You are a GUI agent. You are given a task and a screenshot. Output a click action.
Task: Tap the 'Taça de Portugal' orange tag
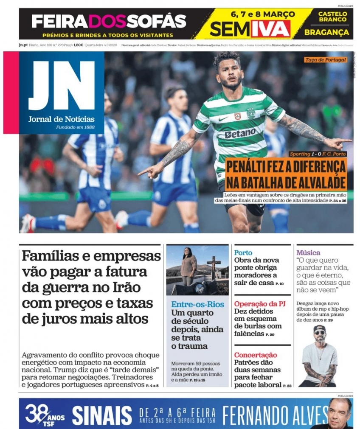tap(325, 60)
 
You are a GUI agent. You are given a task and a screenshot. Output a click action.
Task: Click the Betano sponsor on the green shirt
tap(240, 133)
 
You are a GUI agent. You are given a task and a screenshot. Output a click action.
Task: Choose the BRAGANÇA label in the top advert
tap(326, 32)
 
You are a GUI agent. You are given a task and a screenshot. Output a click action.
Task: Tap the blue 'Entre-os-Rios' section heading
tap(197, 304)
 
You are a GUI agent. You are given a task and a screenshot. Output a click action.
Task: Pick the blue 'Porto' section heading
tap(243, 252)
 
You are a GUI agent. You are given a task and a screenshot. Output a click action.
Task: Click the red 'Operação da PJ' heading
tap(259, 304)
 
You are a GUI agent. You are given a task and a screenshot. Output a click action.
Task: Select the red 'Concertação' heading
tap(256, 355)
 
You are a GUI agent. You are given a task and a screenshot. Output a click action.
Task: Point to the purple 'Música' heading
tap(308, 252)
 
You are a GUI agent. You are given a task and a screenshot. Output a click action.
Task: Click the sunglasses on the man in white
tap(319, 332)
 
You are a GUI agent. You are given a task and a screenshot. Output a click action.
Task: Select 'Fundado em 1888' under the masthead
tap(75, 127)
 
